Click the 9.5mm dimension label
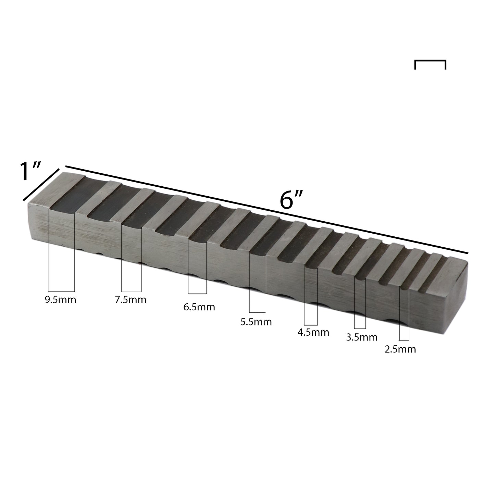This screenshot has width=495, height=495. [x=61, y=300]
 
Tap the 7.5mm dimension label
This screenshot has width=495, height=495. [x=131, y=300]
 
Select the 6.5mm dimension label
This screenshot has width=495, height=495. [x=199, y=307]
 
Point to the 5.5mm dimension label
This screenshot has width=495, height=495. [x=256, y=322]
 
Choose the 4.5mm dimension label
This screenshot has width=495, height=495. [x=313, y=332]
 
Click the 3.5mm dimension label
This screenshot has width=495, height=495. [x=362, y=337]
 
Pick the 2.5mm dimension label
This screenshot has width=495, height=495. [x=400, y=349]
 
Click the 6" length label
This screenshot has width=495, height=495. [x=290, y=200]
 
